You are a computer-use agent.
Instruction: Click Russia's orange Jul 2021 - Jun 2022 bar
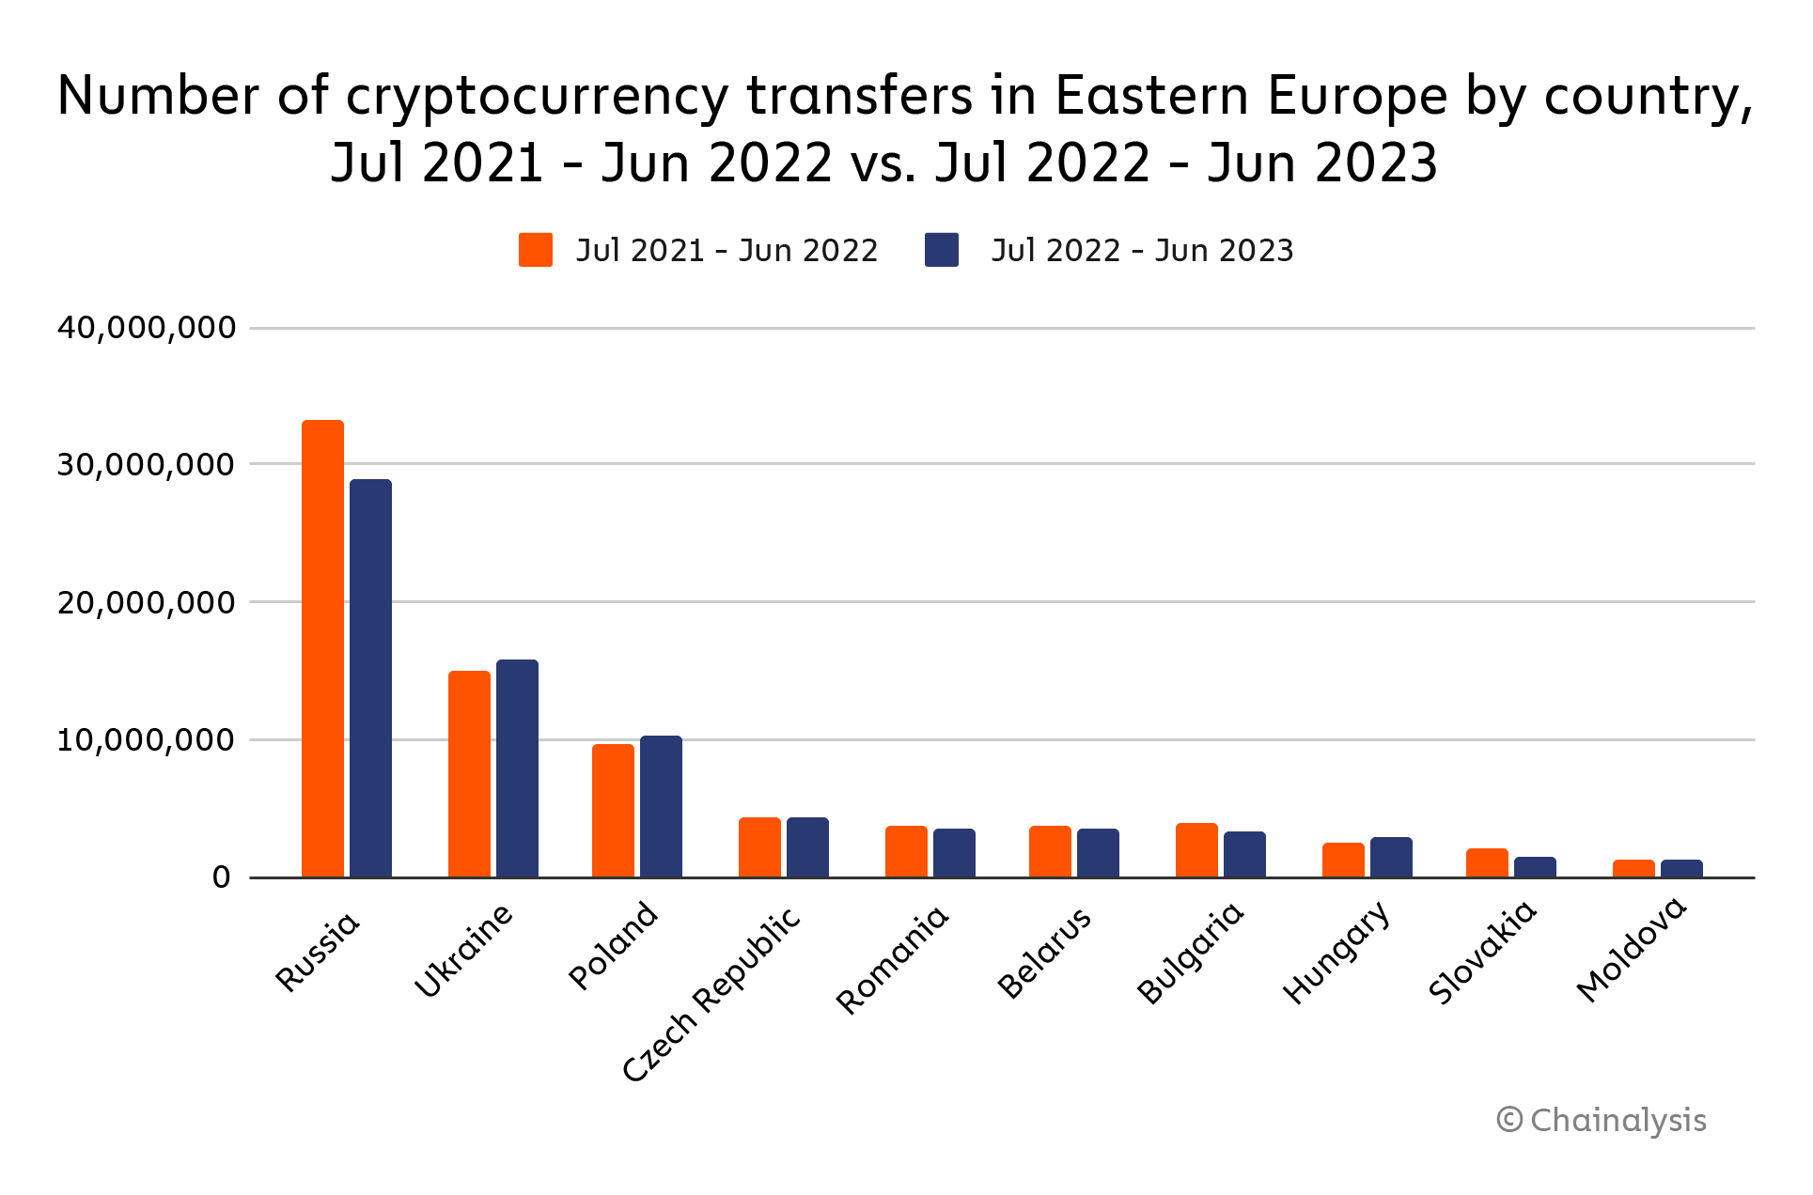322,648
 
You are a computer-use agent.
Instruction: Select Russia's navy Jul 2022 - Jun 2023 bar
370,678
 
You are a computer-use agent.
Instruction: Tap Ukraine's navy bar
517,768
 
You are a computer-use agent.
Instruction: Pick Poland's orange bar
613,811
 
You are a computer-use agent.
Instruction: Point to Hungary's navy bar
1391,858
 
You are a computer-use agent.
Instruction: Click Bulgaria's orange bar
1196,850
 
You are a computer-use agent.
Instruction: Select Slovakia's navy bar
1535,867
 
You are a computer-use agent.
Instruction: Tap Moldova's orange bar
1633,869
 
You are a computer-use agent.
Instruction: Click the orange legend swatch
536,250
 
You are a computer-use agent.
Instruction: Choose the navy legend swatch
942,250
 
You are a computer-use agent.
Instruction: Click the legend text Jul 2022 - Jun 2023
1142,251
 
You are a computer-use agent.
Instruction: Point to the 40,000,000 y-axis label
147,328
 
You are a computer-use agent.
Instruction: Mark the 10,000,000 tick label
147,740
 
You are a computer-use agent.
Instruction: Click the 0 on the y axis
222,877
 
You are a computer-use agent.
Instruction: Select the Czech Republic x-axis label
712,994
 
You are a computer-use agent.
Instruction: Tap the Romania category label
893,960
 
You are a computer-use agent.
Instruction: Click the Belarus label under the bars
1045,953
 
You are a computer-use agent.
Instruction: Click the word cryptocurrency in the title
537,97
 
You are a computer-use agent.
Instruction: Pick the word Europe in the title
1357,97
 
